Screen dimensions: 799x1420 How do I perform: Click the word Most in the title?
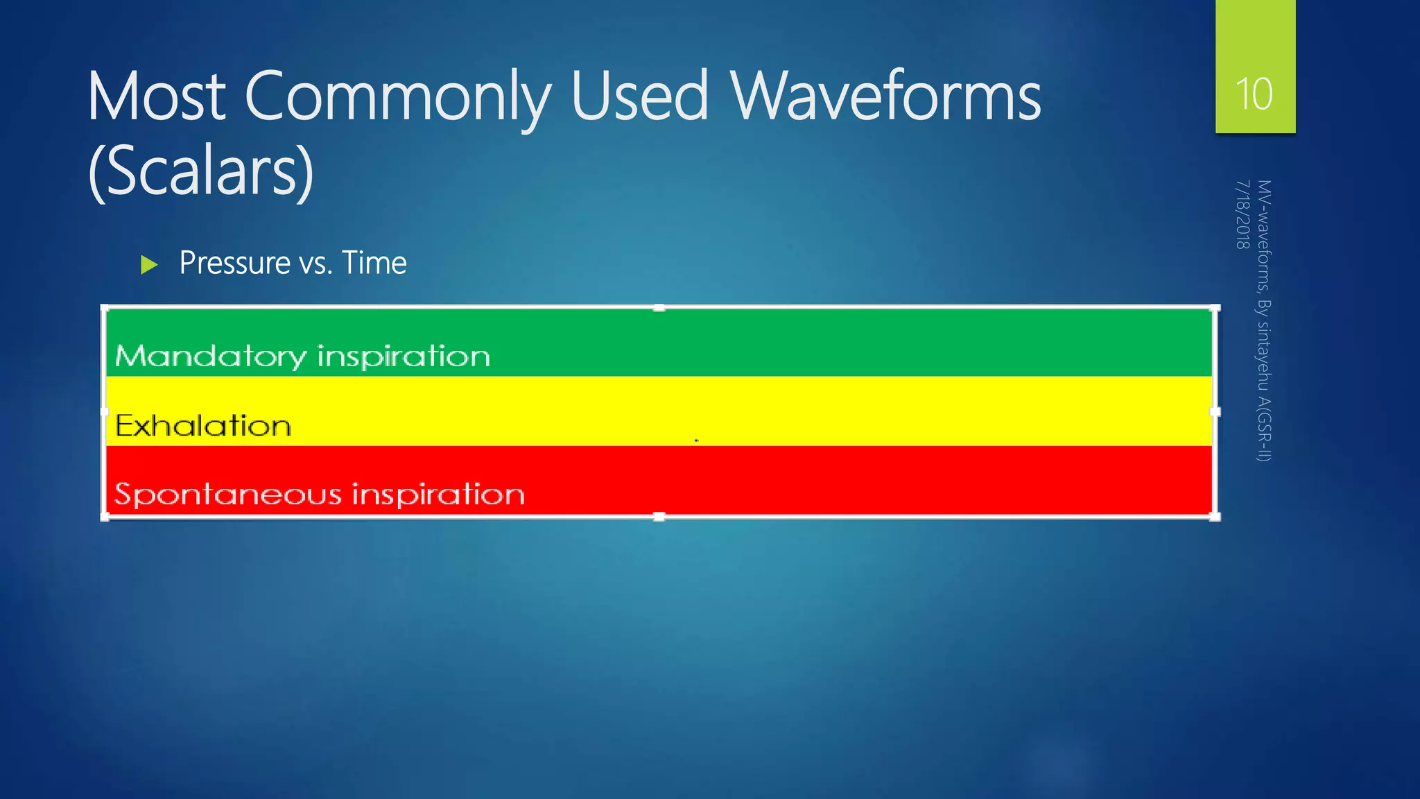click(x=157, y=96)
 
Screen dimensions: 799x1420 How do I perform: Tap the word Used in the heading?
click(x=639, y=96)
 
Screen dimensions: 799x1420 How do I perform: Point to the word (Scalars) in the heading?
click(x=201, y=172)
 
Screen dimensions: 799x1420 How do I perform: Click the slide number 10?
click(x=1254, y=94)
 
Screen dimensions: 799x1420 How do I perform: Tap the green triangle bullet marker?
click(x=149, y=264)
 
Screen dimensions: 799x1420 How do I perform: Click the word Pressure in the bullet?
click(x=234, y=263)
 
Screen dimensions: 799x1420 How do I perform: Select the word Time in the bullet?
click(x=374, y=263)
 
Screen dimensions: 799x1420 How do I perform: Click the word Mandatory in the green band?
click(x=210, y=356)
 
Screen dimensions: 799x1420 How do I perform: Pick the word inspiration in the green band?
click(x=404, y=356)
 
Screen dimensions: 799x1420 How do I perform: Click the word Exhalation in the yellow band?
click(x=203, y=426)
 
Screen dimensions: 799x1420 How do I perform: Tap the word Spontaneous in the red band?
click(x=228, y=495)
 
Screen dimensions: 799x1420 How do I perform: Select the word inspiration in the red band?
click(x=438, y=495)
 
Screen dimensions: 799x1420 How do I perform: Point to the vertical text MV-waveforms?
click(x=1264, y=236)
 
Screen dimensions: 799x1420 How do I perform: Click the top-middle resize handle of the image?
click(x=659, y=308)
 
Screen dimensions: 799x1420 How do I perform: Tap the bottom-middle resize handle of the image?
click(x=659, y=517)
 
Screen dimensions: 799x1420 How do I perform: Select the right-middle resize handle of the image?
click(x=1215, y=411)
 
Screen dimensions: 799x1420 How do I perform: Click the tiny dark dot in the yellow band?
click(x=696, y=440)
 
